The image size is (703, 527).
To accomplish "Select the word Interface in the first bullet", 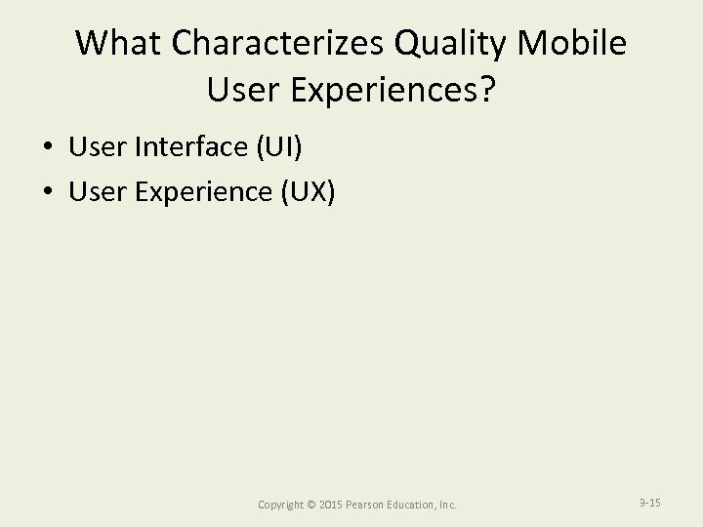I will (193, 146).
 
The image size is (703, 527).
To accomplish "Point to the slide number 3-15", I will (649, 503).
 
